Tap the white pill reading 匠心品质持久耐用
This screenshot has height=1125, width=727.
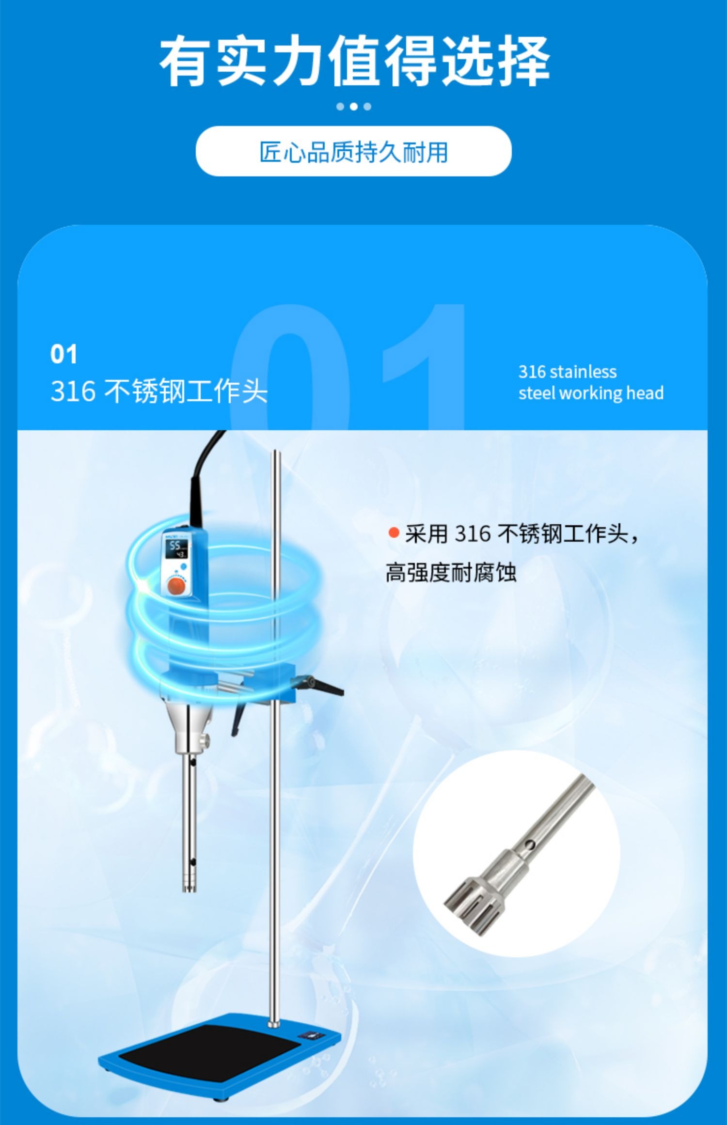[x=353, y=151]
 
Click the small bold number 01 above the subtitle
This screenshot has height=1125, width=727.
[x=63, y=354]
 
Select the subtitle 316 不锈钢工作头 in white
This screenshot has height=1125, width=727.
[x=159, y=391]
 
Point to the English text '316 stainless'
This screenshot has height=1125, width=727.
[x=568, y=372]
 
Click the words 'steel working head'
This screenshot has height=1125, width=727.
[x=591, y=393]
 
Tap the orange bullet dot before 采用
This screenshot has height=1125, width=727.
[x=394, y=533]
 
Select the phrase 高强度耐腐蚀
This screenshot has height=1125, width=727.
[x=451, y=572]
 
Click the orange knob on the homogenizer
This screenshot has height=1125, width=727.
[x=176, y=586]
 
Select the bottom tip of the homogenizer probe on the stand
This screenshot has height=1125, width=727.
[x=190, y=889]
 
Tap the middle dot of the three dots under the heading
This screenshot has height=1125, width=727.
[x=354, y=106]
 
